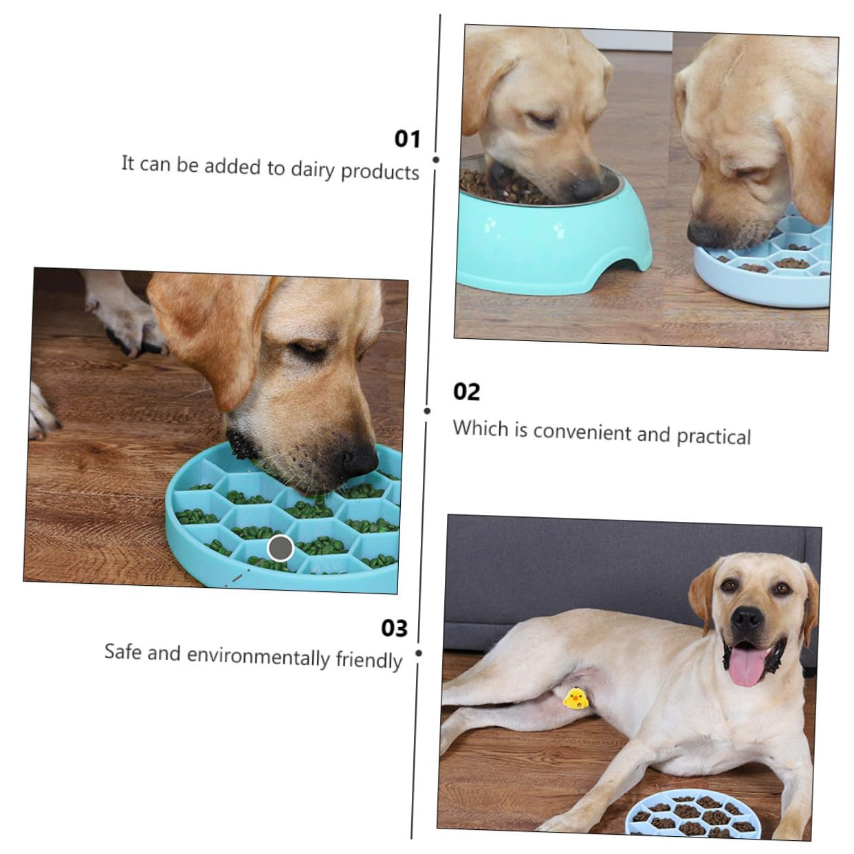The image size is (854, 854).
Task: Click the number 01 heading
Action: point(407,139)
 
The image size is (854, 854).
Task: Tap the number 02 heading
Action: point(466,392)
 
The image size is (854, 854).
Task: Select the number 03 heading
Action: point(394,628)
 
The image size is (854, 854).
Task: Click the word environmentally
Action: point(259,657)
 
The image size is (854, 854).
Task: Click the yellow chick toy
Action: point(576,699)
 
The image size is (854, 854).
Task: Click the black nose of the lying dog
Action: point(747,618)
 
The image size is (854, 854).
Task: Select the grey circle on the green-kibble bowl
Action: point(281,548)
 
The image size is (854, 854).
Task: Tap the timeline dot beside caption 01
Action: point(436,160)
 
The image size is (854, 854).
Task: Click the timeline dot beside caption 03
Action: point(419,653)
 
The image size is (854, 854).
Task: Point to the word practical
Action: point(714,436)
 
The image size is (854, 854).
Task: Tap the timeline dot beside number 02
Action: point(427,410)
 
